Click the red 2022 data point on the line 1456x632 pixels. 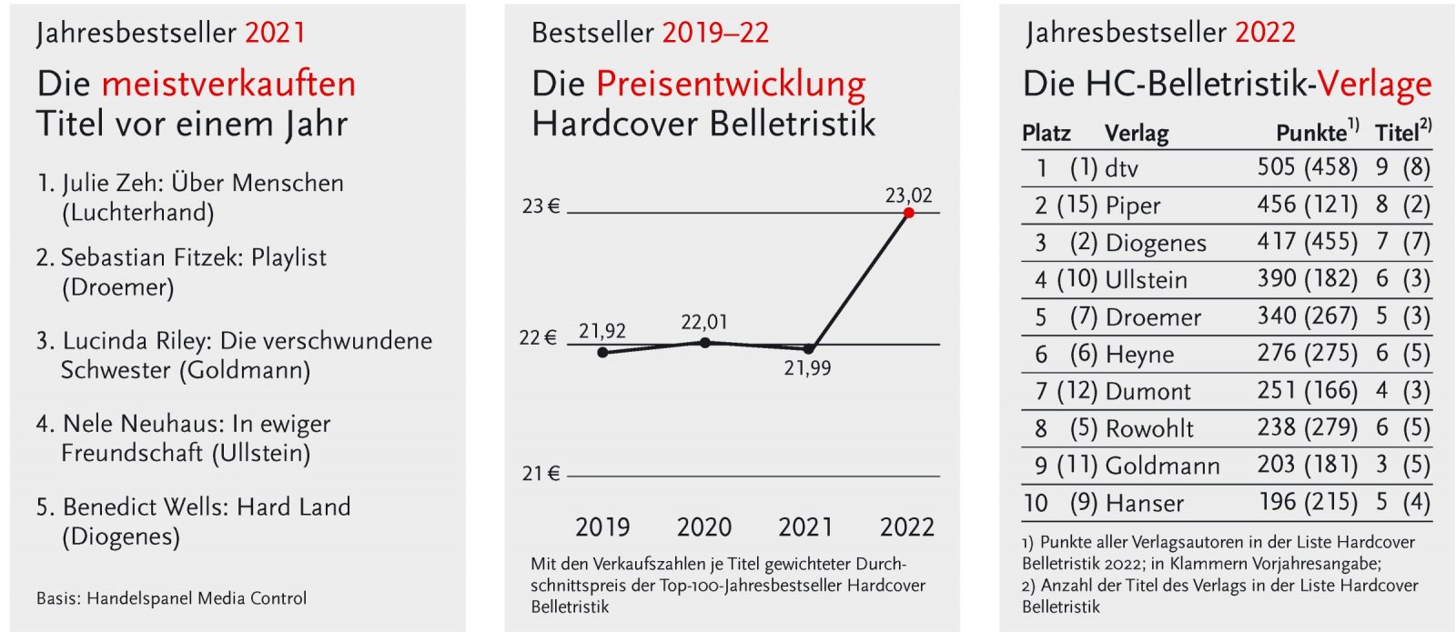point(908,213)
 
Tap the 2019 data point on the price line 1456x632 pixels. point(602,352)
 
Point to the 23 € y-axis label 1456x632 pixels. point(541,206)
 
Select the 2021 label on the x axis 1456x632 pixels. point(805,527)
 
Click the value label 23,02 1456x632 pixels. point(908,195)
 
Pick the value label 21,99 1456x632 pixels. point(807,368)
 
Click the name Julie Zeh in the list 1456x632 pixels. point(112,183)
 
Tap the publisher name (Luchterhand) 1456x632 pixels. point(137,213)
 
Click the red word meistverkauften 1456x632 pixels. point(228,84)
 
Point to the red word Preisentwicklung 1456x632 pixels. point(731,84)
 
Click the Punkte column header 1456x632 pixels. point(1311,133)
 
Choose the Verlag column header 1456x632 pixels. point(1137,133)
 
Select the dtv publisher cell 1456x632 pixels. point(1122,168)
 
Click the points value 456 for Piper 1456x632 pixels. point(1277,205)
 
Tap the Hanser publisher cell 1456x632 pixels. point(1144,503)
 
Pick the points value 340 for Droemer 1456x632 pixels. point(1277,316)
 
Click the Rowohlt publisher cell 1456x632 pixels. point(1149,428)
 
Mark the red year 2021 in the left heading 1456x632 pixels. point(276,34)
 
